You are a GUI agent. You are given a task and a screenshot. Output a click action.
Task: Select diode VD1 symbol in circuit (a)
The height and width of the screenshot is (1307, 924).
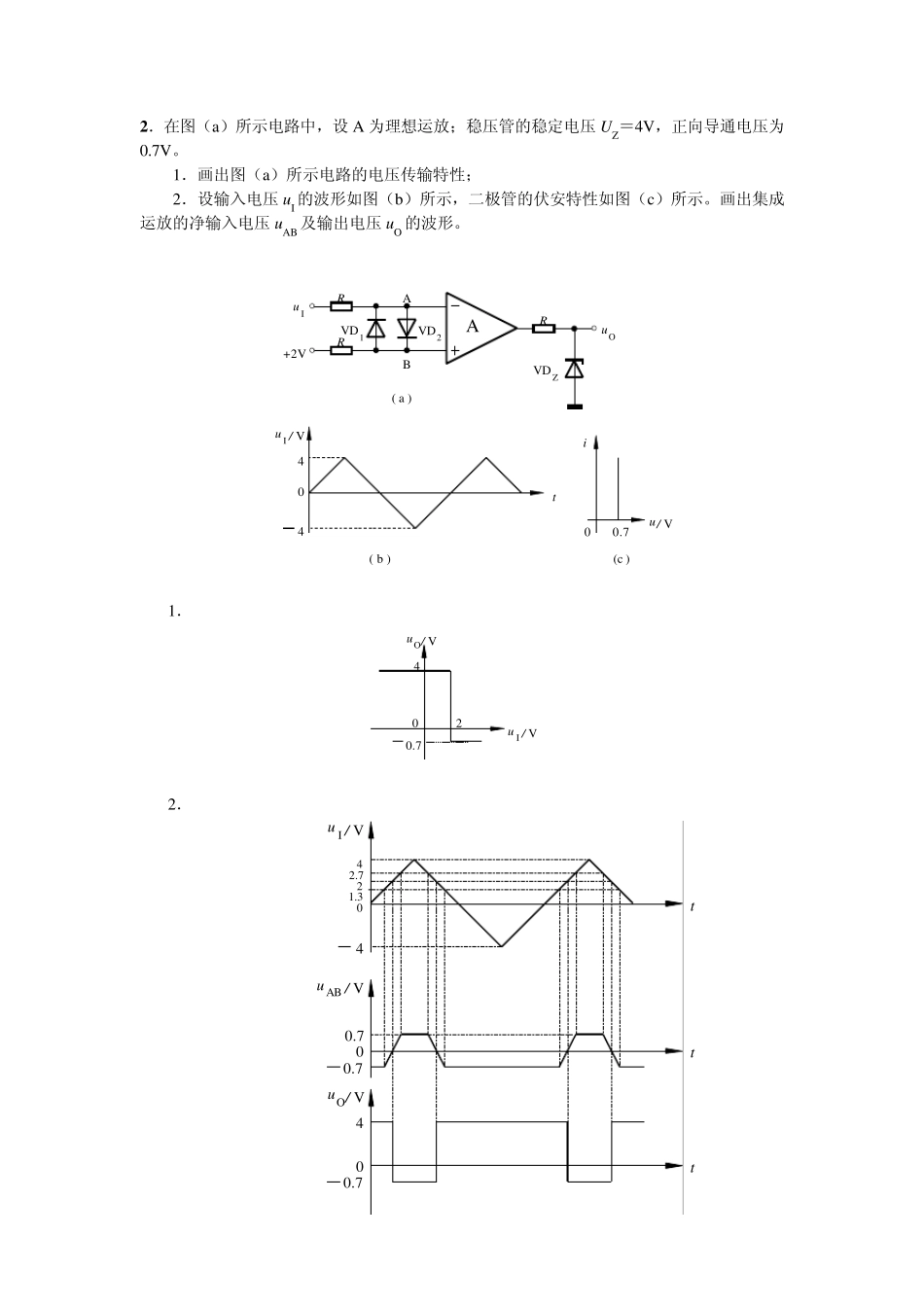coord(376,328)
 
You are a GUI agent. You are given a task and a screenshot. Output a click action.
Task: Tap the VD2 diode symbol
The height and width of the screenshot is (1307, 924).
coord(407,328)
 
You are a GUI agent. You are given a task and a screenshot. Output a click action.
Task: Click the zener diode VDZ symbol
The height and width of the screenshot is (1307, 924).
coord(575,369)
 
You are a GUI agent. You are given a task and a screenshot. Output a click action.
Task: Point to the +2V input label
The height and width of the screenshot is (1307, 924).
coord(294,354)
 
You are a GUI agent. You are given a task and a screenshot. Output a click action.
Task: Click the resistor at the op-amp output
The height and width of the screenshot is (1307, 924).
coord(543,327)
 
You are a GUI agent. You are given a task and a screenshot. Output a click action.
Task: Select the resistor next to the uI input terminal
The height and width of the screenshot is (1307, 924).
coord(341,305)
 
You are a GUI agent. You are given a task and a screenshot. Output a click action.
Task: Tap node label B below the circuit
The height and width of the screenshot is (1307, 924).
coord(407,365)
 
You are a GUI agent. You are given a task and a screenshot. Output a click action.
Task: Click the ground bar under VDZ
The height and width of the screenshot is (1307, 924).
coord(575,406)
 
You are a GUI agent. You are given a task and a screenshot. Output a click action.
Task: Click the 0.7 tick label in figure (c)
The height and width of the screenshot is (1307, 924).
coord(621,532)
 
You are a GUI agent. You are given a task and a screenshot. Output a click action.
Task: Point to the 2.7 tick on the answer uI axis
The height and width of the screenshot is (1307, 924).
coord(356,875)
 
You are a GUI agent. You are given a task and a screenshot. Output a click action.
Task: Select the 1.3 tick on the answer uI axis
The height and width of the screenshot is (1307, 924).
coord(356,896)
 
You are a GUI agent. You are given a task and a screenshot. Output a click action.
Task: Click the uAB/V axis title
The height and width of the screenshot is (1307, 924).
coord(339,989)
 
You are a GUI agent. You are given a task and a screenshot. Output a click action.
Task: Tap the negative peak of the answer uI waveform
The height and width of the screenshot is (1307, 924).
coord(501,946)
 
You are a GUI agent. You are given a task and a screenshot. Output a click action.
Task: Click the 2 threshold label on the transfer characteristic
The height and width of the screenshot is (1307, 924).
coord(458,723)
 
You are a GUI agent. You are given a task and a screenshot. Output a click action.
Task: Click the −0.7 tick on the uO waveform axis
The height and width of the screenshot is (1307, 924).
coord(346,1183)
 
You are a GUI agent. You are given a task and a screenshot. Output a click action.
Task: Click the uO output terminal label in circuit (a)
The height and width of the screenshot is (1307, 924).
coord(609,334)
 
